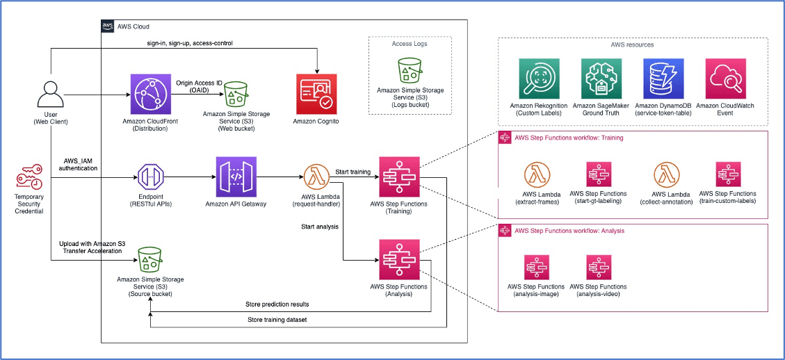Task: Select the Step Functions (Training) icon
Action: pyautogui.click(x=398, y=177)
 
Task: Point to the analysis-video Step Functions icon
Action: pyautogui.click(x=597, y=268)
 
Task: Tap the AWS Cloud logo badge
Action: pyautogui.click(x=108, y=26)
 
